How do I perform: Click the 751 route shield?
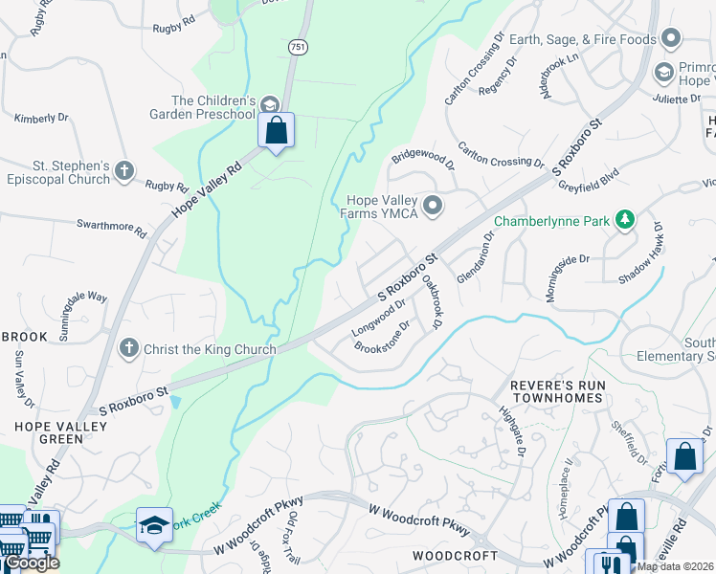(299, 47)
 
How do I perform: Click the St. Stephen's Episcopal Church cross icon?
(124, 171)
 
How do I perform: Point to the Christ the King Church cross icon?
(129, 349)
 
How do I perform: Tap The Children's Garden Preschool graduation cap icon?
(270, 103)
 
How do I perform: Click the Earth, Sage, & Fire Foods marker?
(671, 39)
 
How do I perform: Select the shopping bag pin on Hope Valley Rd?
(276, 130)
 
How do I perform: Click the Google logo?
(31, 563)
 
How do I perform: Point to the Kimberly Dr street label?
(41, 118)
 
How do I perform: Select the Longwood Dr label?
(378, 317)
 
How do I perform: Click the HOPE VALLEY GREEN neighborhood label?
(48, 431)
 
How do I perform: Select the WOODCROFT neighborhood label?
(455, 555)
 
